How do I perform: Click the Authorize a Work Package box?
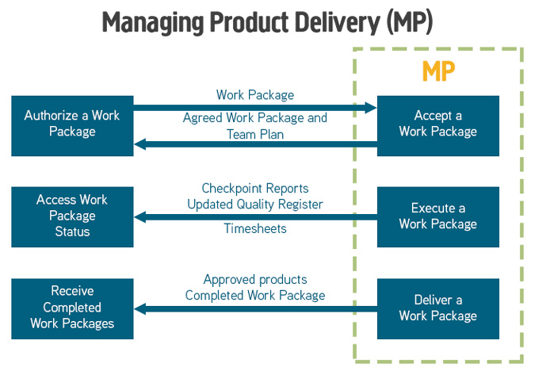[x=72, y=126]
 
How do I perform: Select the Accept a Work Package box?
[x=438, y=126]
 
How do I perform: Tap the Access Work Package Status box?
[x=72, y=217]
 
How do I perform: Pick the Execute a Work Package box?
[x=438, y=217]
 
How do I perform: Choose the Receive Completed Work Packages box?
[x=72, y=309]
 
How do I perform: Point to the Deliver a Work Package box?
[x=438, y=309]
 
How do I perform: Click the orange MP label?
[x=438, y=71]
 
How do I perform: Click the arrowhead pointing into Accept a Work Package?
[x=371, y=108]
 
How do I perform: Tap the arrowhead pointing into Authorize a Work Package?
[x=139, y=144]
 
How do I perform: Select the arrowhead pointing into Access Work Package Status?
[x=139, y=217]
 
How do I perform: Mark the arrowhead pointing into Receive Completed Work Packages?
[x=139, y=309]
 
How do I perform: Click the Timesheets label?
[x=255, y=228]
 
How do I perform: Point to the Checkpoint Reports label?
[x=255, y=189]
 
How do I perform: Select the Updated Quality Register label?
[x=255, y=205]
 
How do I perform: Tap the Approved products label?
[x=255, y=280]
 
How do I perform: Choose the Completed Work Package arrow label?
[x=255, y=296]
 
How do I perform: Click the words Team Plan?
[x=255, y=135]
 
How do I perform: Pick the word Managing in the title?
[x=154, y=22]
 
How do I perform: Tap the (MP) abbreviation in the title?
[x=410, y=22]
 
